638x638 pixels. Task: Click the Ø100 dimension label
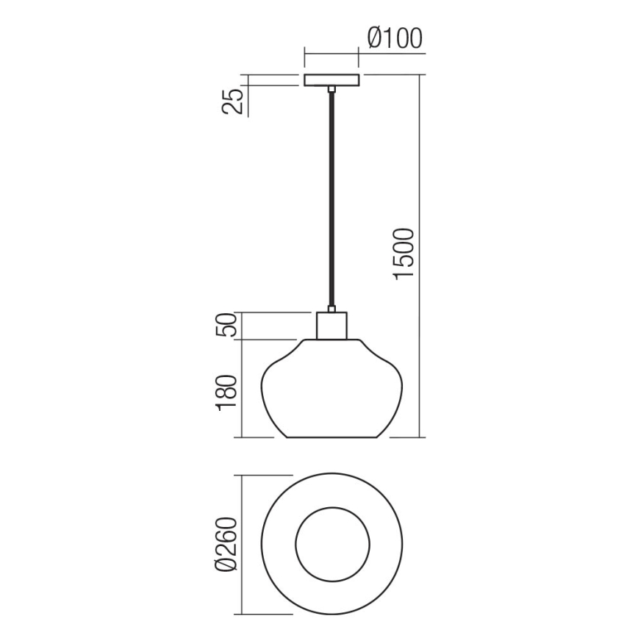tap(395, 37)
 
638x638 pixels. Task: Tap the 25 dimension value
tap(232, 100)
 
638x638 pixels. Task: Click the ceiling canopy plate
tap(331, 79)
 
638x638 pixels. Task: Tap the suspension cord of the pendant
tap(331, 198)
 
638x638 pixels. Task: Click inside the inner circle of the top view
tap(331, 543)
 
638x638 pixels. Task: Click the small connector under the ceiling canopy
tap(331, 90)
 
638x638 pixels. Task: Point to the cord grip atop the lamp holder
tap(331, 309)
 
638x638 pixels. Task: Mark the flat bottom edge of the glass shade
tap(331, 438)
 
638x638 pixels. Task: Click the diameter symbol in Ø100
tap(373, 37)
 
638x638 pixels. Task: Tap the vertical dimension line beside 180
tap(243, 389)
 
